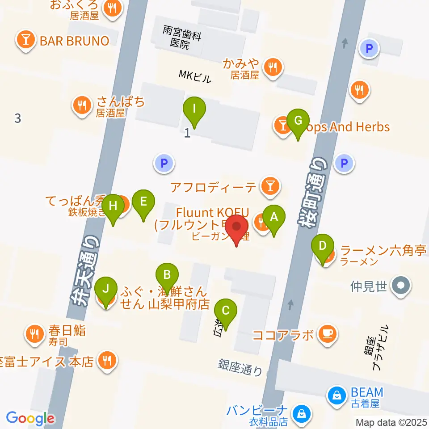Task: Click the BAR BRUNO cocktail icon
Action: [x=26, y=41]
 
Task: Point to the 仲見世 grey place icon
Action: [x=400, y=285]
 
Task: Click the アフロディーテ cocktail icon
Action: [x=269, y=185]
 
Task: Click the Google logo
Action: [x=30, y=419]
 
